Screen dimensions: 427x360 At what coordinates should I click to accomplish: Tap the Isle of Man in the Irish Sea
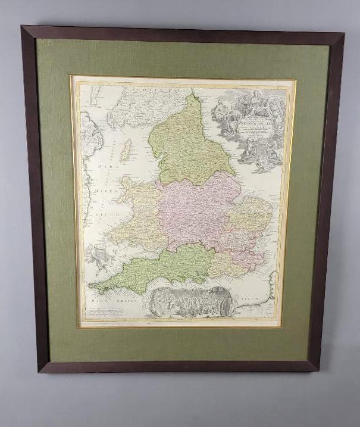pos(126,151)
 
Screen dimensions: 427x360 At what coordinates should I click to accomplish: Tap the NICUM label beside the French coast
pos(245,296)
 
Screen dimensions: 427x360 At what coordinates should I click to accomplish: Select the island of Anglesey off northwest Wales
pos(127,181)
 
